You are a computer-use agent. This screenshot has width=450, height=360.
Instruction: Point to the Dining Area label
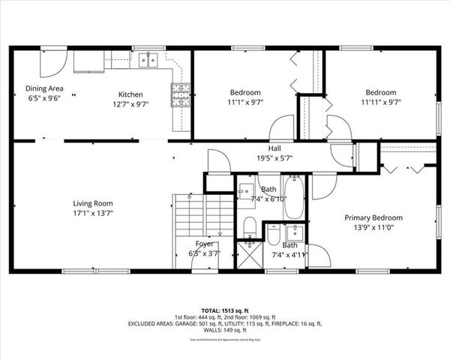(x=45, y=88)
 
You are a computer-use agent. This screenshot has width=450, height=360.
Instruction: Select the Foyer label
(x=204, y=244)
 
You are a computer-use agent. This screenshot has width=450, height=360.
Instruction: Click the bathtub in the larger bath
(x=294, y=199)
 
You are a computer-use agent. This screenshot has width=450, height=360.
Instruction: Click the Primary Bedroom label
(x=373, y=217)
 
